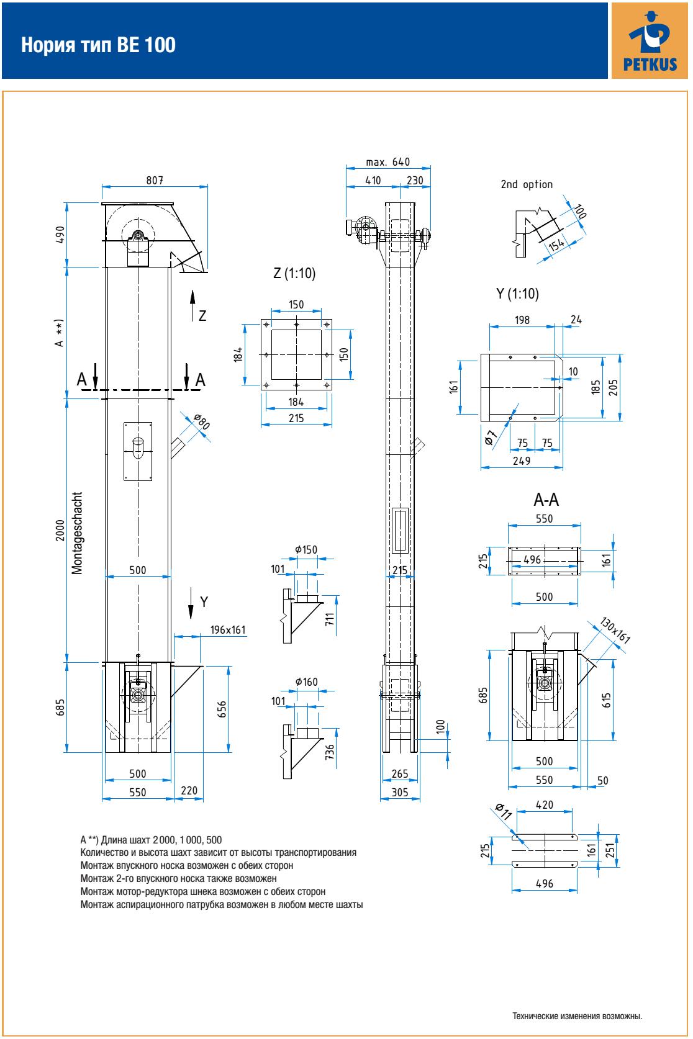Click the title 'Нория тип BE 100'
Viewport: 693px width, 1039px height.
point(98,45)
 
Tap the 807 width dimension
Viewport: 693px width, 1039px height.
point(155,180)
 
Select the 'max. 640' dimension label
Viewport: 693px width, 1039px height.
point(388,162)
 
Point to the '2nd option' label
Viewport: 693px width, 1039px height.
point(527,184)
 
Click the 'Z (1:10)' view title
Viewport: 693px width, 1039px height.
point(295,274)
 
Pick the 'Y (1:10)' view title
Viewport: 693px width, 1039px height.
point(518,294)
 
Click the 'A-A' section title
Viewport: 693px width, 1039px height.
point(546,500)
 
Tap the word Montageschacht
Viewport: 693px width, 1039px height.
point(76,533)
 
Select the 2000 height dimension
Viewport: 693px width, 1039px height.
point(60,531)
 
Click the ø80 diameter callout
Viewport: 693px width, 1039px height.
point(201,422)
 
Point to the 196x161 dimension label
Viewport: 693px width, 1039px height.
point(228,630)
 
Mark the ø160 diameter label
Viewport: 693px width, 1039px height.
point(306,682)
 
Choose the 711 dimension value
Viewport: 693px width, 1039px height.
point(330,619)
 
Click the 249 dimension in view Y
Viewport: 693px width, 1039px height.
point(522,461)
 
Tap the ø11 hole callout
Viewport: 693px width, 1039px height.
point(502,812)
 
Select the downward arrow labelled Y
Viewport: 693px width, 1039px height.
point(192,605)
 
